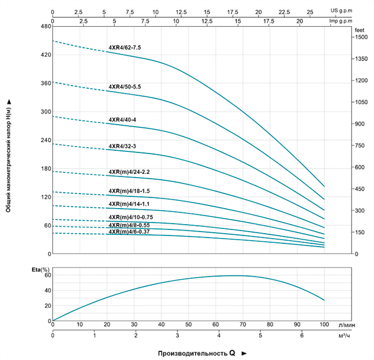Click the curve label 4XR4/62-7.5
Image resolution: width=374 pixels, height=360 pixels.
(x=124, y=48)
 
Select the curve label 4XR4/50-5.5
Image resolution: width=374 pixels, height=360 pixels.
(x=124, y=86)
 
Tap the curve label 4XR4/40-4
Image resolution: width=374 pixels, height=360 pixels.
(x=122, y=119)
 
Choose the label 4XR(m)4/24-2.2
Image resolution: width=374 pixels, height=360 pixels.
(x=129, y=172)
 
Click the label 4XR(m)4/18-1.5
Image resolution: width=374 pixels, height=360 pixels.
(x=129, y=191)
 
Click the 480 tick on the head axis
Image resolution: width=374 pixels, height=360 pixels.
(x=45, y=26)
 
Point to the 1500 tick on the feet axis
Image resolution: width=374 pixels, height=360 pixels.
(x=362, y=37)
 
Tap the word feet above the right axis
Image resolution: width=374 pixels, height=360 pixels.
(x=360, y=30)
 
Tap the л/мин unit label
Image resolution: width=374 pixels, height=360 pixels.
(x=348, y=324)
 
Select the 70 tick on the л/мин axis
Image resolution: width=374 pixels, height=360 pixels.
(x=243, y=324)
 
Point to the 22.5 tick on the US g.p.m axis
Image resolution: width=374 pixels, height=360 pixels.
(x=284, y=11)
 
